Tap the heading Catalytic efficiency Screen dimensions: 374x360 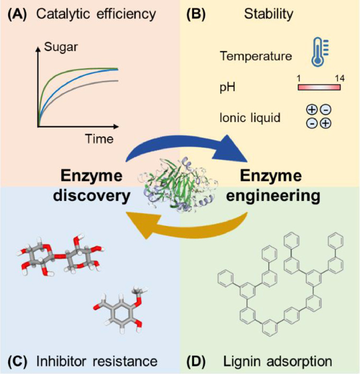[94, 13]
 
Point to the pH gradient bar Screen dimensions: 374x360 [319, 87]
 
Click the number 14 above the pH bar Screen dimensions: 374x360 [335, 77]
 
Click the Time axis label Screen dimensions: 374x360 [100, 139]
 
